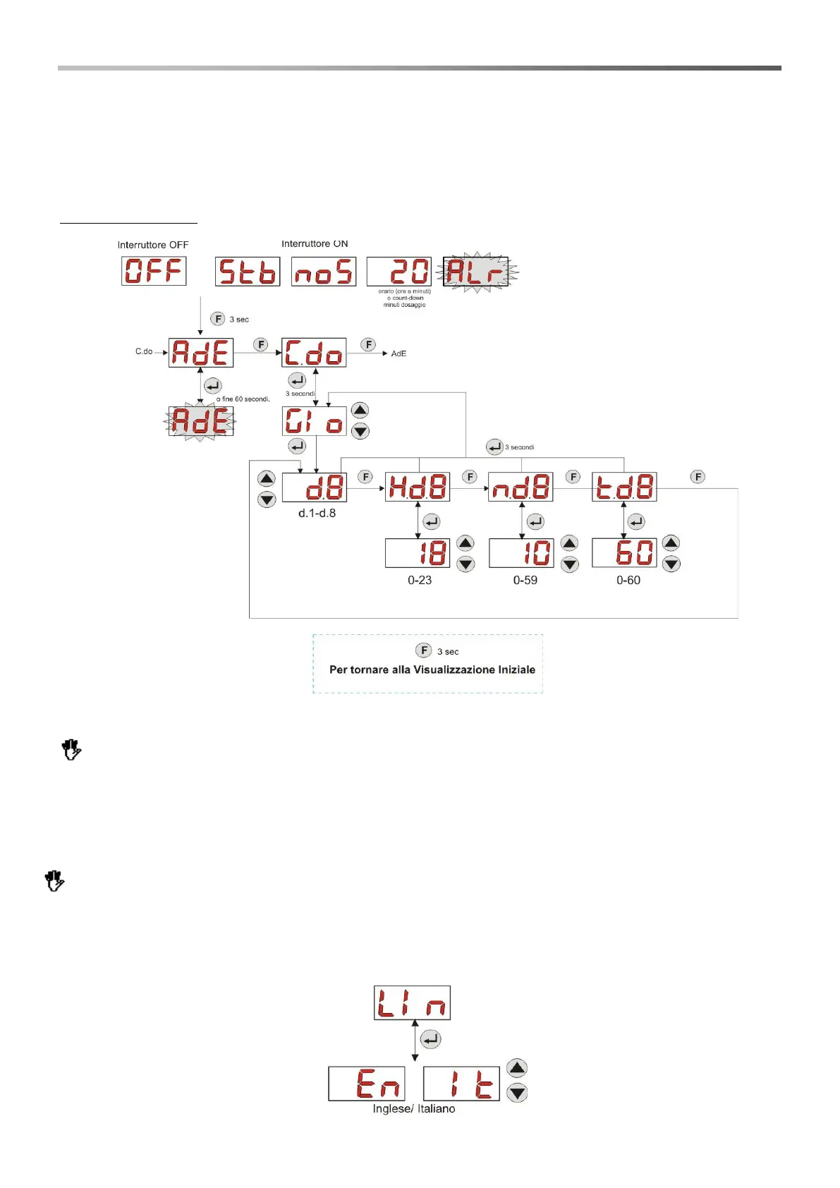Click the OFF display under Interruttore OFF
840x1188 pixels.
[154, 271]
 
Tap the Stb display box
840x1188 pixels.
[247, 272]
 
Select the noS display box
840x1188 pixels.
[324, 272]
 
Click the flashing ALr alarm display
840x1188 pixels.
[476, 272]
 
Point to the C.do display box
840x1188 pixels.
[314, 353]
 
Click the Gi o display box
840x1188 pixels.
[314, 421]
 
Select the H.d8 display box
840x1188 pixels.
[418, 487]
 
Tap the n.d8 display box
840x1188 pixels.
[521, 487]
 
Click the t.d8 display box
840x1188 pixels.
[624, 487]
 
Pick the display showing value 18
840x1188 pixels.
[418, 553]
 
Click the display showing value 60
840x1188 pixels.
[624, 552]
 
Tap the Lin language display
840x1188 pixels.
[412, 1002]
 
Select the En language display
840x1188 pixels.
[367, 1084]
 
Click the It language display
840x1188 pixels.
[461, 1084]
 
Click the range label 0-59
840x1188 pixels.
[525, 580]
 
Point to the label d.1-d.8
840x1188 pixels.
[317, 513]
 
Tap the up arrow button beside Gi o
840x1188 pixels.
[360, 411]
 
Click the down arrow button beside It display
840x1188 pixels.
[518, 1093]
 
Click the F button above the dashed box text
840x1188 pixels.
[424, 650]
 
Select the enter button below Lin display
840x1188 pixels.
[430, 1039]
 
